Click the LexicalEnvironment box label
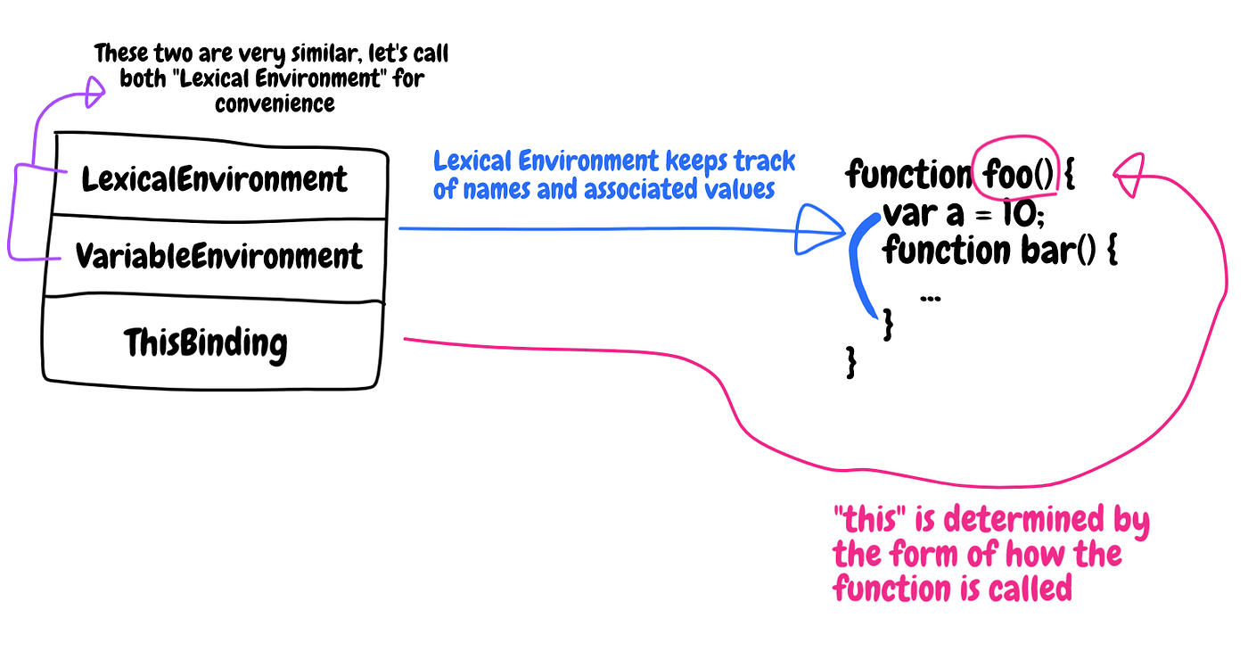coord(214,179)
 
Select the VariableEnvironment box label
coord(218,257)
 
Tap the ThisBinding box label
coord(206,342)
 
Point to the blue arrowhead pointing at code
coord(818,230)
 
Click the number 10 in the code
coord(1019,215)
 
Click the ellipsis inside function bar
coord(930,298)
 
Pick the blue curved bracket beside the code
coord(861,268)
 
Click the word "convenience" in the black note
coord(275,103)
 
